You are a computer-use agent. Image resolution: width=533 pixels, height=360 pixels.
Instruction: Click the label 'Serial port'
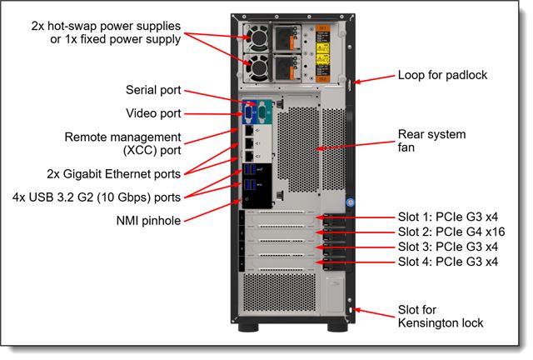[153, 90]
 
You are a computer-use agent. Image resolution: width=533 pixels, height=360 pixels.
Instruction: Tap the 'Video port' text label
[153, 113]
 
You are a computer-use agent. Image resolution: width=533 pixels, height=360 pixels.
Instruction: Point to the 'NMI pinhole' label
[149, 221]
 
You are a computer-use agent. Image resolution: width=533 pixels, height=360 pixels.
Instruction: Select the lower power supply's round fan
[256, 66]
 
